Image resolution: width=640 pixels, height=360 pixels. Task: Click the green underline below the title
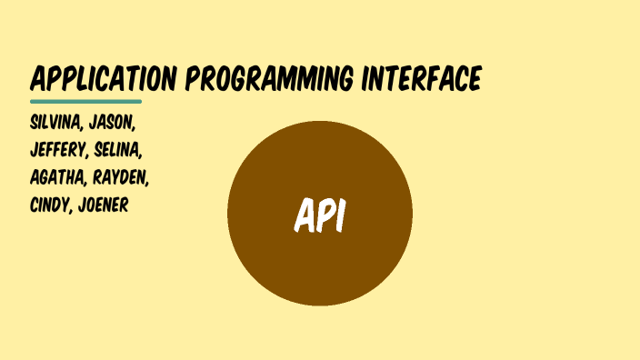pyautogui.click(x=85, y=101)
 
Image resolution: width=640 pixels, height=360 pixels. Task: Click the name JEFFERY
pyautogui.click(x=58, y=150)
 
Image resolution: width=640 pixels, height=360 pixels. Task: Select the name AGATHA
pyautogui.click(x=57, y=177)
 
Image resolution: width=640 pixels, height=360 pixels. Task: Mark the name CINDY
pyautogui.click(x=51, y=205)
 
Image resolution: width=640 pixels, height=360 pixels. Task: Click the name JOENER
pyautogui.click(x=104, y=205)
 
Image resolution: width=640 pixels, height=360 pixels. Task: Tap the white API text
pyautogui.click(x=319, y=215)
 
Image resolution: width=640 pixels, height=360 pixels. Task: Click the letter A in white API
pyautogui.click(x=304, y=215)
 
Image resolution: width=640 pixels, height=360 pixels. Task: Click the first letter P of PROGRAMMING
pyautogui.click(x=193, y=80)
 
